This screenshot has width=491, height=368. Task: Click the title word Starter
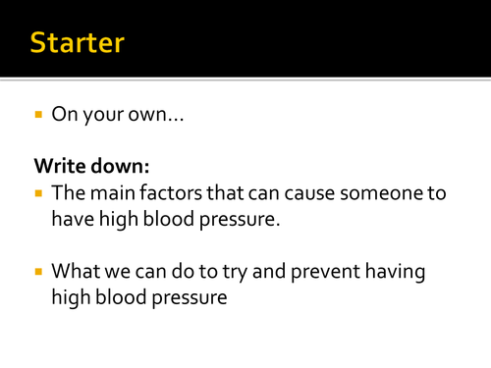pyautogui.click(x=78, y=43)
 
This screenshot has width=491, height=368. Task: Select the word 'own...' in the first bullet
pyautogui.click(x=149, y=115)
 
